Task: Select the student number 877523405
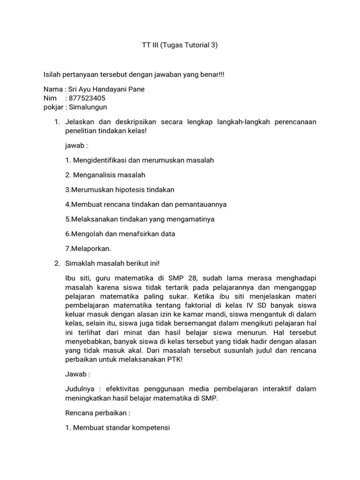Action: point(87,98)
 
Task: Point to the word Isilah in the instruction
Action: point(52,75)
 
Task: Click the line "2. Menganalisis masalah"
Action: point(105,175)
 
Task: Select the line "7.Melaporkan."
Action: point(88,248)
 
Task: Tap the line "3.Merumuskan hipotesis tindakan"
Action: point(120,189)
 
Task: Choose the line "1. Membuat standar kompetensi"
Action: point(118,428)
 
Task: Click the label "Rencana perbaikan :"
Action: point(97,413)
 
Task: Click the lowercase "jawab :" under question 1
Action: point(77,146)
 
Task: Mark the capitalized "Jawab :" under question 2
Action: point(78,375)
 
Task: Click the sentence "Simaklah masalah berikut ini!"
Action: point(116,263)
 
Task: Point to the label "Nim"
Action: point(50,98)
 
